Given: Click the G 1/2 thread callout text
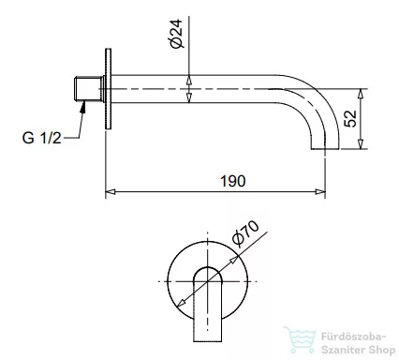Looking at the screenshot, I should coord(41,139).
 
